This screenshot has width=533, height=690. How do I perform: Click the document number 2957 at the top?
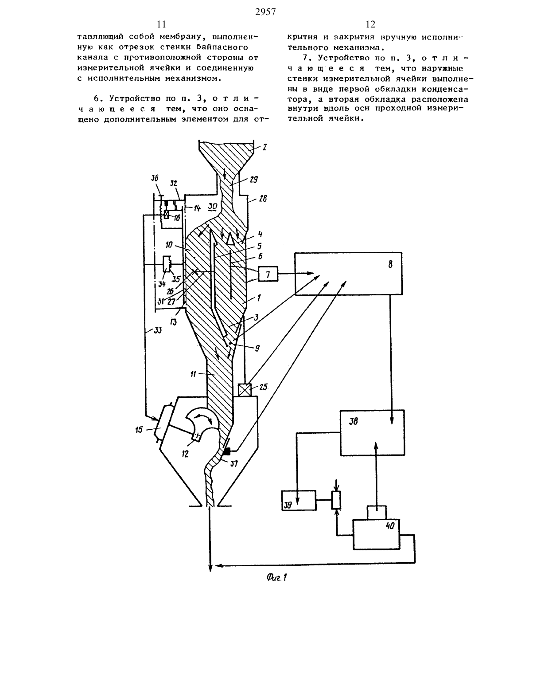click(265, 12)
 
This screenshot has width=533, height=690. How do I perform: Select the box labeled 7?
click(268, 274)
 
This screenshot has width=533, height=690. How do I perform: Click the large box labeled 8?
click(348, 274)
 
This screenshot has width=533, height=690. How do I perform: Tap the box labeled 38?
click(372, 433)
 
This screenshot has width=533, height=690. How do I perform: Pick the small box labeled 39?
click(299, 501)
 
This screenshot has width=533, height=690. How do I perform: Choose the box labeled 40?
click(377, 534)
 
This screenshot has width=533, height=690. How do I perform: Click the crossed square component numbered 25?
click(245, 389)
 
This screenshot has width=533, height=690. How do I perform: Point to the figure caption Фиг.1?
click(277, 577)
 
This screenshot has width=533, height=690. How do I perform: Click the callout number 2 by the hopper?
click(264, 148)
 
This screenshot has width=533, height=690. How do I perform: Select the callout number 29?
click(254, 180)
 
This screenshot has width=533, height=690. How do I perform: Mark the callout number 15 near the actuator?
click(139, 430)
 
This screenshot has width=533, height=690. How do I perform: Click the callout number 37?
click(234, 464)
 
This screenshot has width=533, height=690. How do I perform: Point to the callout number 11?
click(193, 374)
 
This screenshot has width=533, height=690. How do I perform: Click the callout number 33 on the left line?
click(158, 330)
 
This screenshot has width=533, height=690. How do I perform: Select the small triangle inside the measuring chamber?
click(231, 239)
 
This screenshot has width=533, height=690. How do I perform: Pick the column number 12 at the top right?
click(370, 24)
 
